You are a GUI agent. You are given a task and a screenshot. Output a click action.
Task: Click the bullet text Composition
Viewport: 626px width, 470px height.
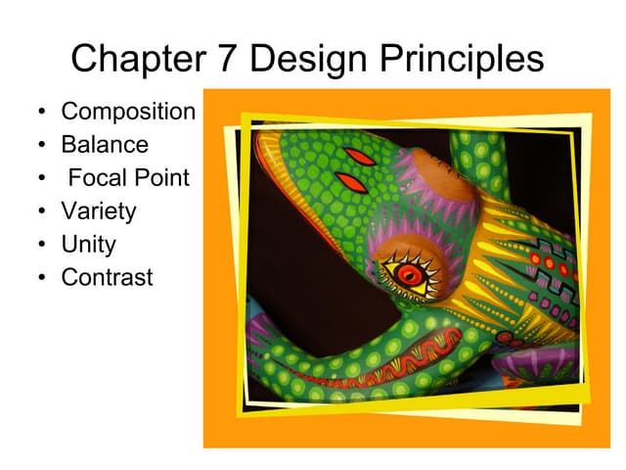point(128,112)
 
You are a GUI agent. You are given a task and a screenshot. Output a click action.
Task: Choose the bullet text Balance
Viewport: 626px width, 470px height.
point(105,145)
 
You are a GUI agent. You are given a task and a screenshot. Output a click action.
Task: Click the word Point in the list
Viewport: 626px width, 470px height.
point(162,178)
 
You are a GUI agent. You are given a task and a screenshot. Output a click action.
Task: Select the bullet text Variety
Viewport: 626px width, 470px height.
point(99,211)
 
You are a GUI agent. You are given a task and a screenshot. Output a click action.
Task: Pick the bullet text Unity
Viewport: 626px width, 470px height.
point(88,245)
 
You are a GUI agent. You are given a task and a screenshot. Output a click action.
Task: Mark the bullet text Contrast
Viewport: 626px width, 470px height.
point(107,278)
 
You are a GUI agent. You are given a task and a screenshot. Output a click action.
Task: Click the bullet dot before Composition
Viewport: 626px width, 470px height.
point(41,113)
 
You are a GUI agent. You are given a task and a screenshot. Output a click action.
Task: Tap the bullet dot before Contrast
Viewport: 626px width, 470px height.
point(41,279)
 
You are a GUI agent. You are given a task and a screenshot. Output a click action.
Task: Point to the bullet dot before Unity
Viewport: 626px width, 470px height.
point(41,246)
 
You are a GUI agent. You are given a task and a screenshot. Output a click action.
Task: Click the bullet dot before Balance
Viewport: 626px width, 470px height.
point(41,146)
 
